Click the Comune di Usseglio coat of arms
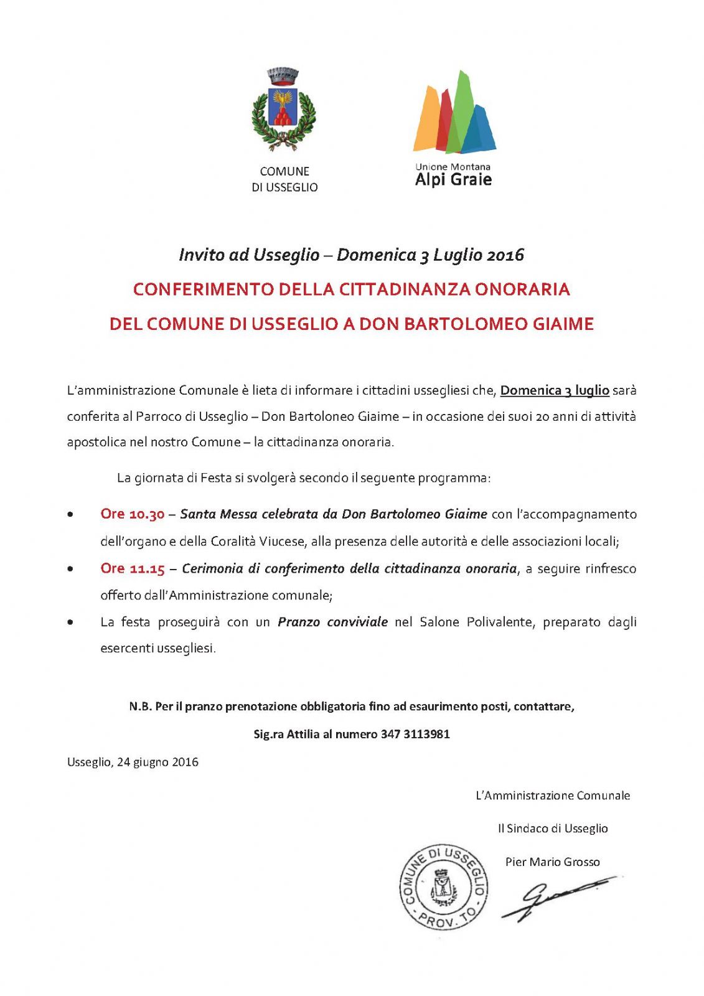click(284, 110)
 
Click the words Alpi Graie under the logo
click(453, 180)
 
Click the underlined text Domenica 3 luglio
click(555, 391)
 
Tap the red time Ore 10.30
click(132, 514)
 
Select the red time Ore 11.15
click(132, 568)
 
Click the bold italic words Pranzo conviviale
click(332, 622)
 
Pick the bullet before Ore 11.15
click(72, 568)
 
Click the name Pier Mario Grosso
click(552, 862)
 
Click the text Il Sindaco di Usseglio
click(552, 829)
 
